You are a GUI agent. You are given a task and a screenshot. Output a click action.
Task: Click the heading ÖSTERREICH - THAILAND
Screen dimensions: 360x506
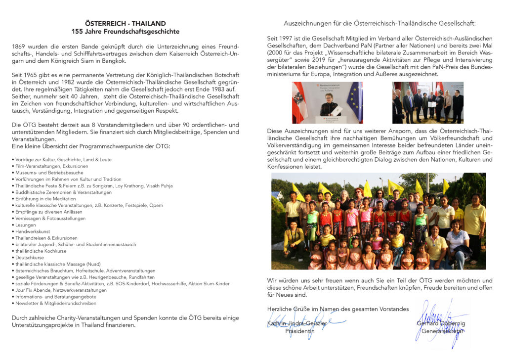(x=125, y=23)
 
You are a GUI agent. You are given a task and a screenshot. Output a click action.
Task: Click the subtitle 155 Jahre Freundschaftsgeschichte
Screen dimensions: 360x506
(x=125, y=31)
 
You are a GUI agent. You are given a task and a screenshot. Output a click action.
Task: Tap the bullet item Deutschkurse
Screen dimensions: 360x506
(x=27, y=258)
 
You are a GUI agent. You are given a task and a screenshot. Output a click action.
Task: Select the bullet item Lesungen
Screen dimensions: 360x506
(x=24, y=225)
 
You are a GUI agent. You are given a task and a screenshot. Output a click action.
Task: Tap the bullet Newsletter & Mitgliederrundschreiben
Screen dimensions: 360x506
(x=55, y=303)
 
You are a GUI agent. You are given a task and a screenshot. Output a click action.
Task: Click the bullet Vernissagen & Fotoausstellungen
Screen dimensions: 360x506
(x=50, y=219)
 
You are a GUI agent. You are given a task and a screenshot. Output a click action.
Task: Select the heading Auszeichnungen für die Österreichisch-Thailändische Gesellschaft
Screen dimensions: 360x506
(x=379, y=23)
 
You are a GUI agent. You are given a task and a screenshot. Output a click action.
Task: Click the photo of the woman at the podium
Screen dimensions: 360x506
(x=327, y=102)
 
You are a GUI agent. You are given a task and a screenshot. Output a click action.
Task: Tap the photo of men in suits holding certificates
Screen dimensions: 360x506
(x=428, y=102)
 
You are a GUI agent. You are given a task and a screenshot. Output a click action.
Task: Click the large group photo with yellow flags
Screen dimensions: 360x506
(x=379, y=221)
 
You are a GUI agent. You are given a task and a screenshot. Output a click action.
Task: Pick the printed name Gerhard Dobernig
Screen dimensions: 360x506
(x=442, y=324)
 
